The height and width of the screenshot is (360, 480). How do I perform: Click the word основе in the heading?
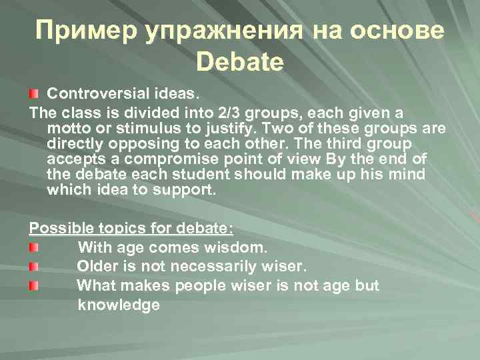click(x=396, y=31)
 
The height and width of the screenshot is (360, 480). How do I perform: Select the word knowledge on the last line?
click(x=119, y=305)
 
